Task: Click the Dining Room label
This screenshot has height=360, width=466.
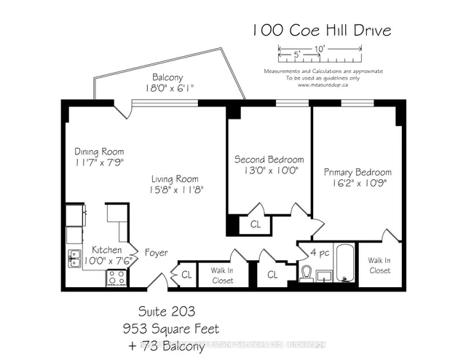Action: pyautogui.click(x=93, y=152)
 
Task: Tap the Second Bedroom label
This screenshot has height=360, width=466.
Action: pyautogui.click(x=269, y=159)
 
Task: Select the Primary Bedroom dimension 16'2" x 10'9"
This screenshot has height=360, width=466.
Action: pyautogui.click(x=352, y=184)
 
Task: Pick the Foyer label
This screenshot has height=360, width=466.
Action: pyautogui.click(x=156, y=253)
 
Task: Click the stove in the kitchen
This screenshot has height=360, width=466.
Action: pyautogui.click(x=116, y=277)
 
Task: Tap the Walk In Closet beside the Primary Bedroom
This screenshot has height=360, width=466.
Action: pyautogui.click(x=379, y=265)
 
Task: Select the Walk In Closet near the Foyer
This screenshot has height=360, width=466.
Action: pyautogui.click(x=222, y=275)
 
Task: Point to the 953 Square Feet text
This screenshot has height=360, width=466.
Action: pyautogui.click(x=170, y=329)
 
